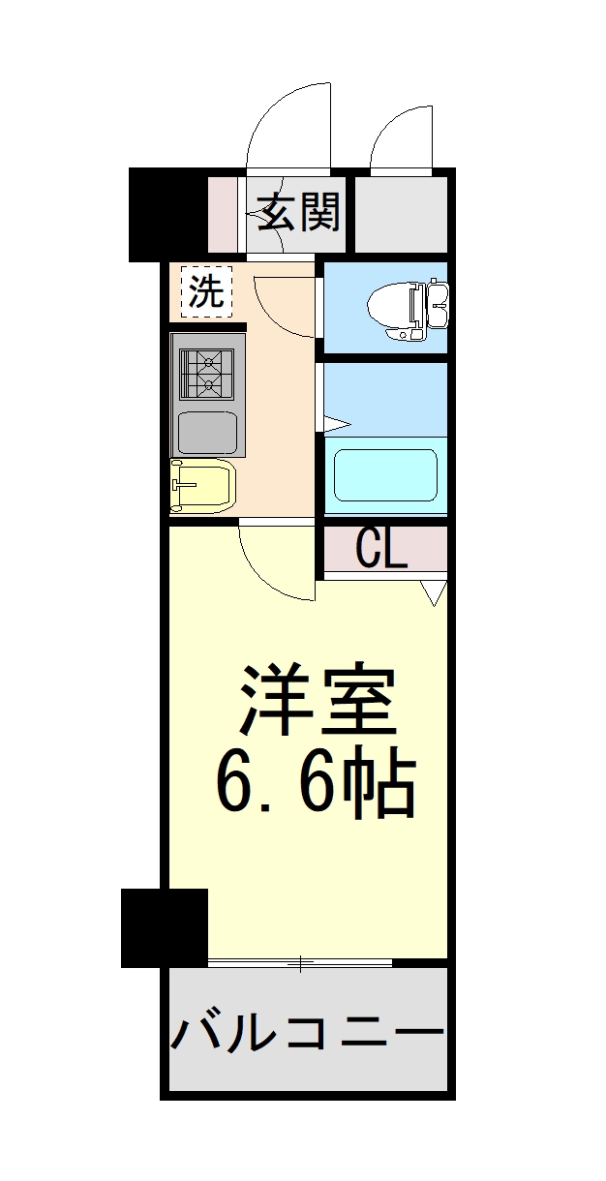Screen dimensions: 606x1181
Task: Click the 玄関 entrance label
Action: [297, 212]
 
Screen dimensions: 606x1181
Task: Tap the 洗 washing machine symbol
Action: [206, 291]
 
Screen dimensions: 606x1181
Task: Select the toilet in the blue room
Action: [408, 309]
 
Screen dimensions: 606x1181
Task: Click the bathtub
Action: [385, 475]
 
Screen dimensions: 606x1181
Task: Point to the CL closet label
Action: [381, 549]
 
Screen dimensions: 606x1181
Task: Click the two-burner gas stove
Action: [207, 375]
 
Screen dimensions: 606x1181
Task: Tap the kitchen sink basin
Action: [207, 433]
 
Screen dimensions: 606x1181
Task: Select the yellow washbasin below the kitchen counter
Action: [202, 486]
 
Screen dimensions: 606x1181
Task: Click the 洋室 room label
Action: [317, 700]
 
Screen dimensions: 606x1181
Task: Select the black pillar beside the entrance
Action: [168, 215]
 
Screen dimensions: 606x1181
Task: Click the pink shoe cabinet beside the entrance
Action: [223, 215]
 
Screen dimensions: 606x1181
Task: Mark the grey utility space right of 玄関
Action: [401, 215]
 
